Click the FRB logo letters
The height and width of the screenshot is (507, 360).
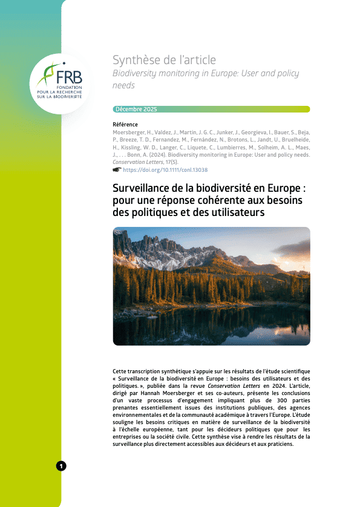(68, 77)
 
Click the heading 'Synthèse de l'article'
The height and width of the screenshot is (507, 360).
(164, 60)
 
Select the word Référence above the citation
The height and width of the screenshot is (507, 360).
(125, 124)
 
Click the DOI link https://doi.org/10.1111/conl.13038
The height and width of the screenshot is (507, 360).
(165, 171)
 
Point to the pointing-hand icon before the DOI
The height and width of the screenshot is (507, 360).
(117, 171)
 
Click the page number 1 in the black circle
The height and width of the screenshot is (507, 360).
(61, 465)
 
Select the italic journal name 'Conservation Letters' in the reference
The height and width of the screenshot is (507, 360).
(136, 162)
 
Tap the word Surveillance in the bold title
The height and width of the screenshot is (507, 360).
(143, 188)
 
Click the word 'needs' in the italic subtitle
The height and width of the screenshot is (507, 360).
(123, 85)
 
